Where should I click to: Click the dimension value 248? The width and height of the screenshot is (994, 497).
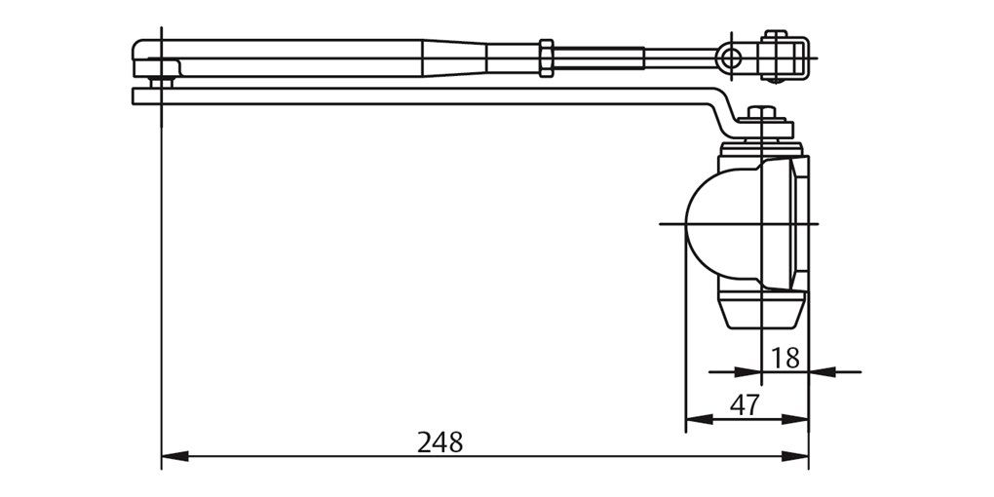440,441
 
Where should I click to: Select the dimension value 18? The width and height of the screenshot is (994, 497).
784,358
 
